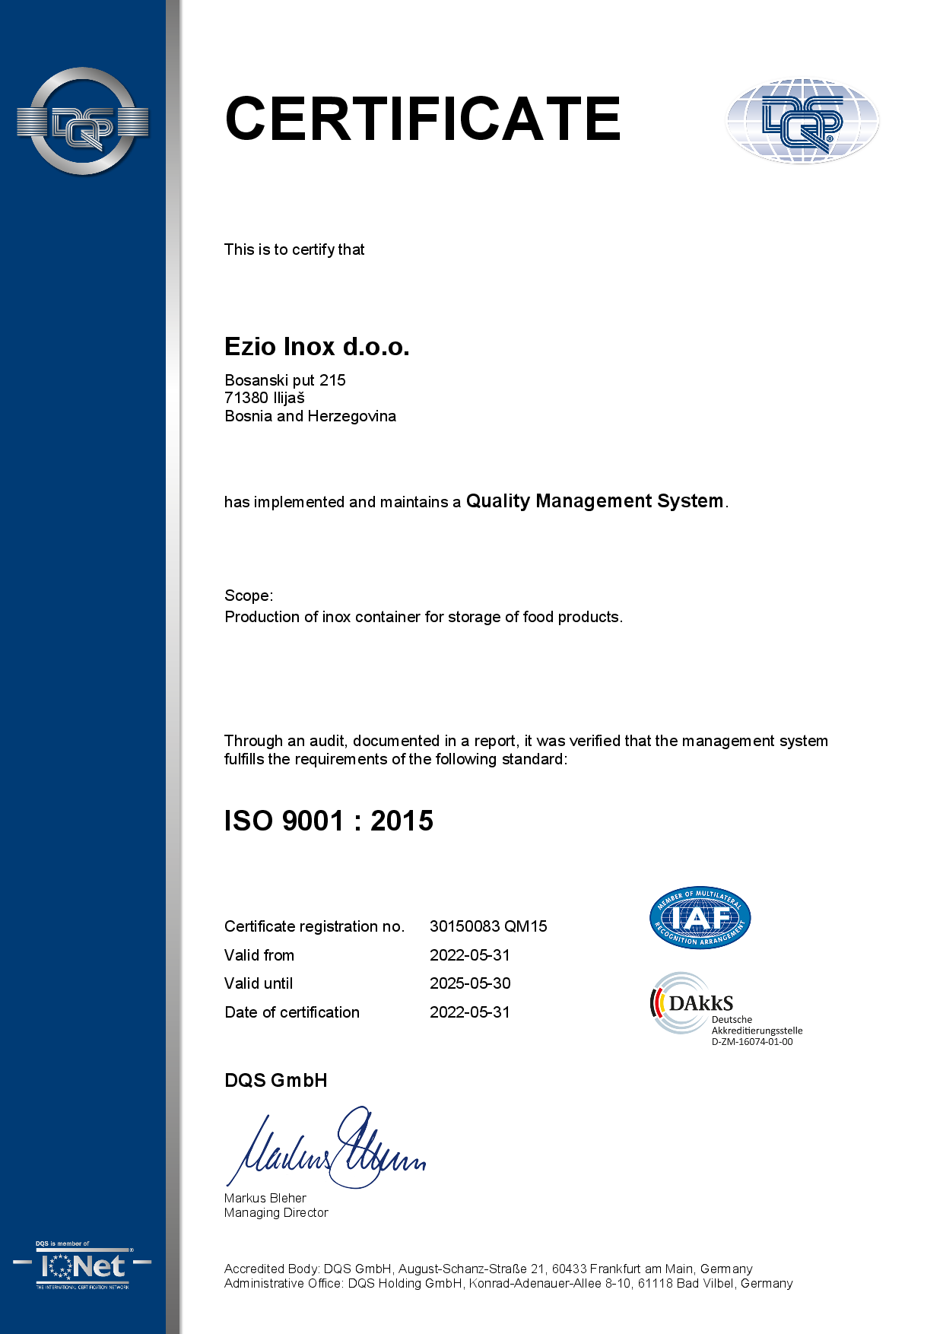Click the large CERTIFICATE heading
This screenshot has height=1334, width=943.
423,119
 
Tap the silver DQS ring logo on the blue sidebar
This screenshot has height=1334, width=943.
82,122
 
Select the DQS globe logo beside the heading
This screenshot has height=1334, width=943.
802,121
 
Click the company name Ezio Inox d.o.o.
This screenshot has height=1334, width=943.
316,347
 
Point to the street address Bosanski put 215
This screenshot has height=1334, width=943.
285,380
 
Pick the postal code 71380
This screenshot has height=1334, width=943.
246,398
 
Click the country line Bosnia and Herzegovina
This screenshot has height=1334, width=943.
310,416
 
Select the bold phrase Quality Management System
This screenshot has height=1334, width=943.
594,501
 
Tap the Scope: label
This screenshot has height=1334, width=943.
249,596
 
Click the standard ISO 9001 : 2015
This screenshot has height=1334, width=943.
329,821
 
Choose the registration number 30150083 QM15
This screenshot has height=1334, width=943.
488,926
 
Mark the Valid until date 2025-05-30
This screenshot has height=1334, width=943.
470,983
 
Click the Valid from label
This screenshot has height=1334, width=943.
259,955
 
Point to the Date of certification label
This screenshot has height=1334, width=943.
292,1012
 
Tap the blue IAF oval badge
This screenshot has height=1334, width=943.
700,918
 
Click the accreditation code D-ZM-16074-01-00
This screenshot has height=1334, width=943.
752,1042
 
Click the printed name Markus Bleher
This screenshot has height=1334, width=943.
265,1198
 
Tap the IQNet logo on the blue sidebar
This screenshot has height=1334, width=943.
82,1266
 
